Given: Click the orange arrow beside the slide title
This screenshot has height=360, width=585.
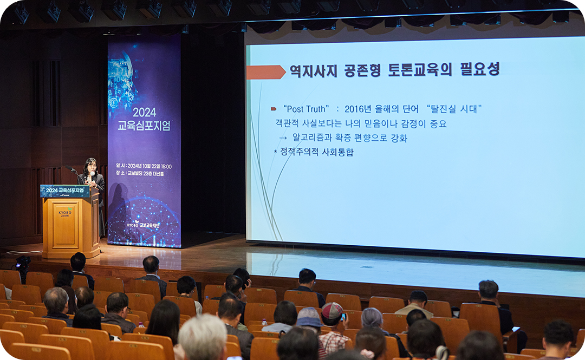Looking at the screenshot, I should (x=265, y=72).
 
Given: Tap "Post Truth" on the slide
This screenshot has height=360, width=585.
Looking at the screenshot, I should (x=306, y=109).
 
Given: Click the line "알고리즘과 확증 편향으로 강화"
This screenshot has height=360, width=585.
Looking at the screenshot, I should (x=349, y=138).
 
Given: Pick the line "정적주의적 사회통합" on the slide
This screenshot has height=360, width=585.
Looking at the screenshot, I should (x=317, y=152).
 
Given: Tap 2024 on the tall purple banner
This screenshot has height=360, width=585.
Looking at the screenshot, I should (x=144, y=112).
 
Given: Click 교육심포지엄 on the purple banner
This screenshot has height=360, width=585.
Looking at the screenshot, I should (x=144, y=126).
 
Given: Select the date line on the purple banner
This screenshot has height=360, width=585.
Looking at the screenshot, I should (x=144, y=166).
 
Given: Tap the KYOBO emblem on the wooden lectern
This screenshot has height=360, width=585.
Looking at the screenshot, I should (x=65, y=212).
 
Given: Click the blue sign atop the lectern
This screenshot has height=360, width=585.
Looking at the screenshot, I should (x=64, y=191).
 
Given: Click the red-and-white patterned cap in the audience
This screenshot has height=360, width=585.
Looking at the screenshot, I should (x=331, y=310).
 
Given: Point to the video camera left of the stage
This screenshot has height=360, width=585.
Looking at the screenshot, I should (x=22, y=264).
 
